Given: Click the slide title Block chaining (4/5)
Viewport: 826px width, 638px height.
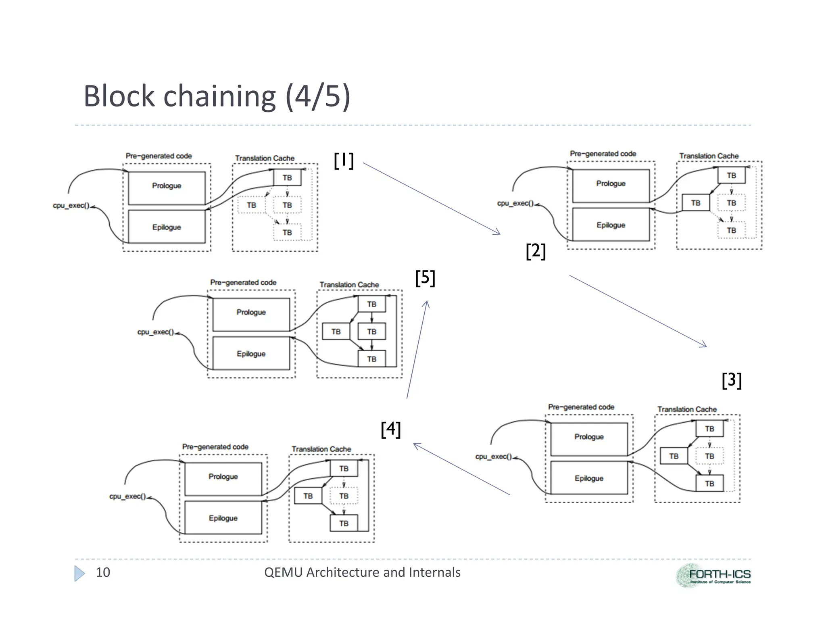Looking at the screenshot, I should click(217, 96).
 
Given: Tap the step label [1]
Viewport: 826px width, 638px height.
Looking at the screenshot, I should click(344, 161).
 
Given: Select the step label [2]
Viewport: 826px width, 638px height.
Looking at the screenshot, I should click(536, 251).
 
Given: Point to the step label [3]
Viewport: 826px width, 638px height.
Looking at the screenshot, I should click(732, 380).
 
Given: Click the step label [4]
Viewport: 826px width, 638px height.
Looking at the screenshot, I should click(390, 429).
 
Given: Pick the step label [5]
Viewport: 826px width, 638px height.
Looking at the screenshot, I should click(425, 278).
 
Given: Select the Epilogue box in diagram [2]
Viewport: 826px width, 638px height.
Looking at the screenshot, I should click(611, 225).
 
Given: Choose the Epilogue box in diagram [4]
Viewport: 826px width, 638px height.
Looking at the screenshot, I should click(223, 518).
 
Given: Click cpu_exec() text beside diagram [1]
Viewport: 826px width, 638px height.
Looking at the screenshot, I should click(71, 205).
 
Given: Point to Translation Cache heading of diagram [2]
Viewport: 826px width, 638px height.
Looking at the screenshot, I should click(709, 156).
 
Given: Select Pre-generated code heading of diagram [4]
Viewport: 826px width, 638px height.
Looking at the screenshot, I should click(215, 446).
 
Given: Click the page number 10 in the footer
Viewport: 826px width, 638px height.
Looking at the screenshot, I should click(102, 572).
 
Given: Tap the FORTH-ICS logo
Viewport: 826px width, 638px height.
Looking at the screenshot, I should click(713, 575).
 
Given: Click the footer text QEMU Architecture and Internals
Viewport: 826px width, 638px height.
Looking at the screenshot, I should click(362, 572).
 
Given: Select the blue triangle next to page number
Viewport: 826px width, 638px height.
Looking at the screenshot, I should click(79, 573).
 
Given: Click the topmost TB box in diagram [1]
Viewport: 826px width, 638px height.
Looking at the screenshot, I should click(287, 177).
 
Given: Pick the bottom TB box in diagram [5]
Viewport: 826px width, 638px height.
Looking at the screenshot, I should click(371, 359).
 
